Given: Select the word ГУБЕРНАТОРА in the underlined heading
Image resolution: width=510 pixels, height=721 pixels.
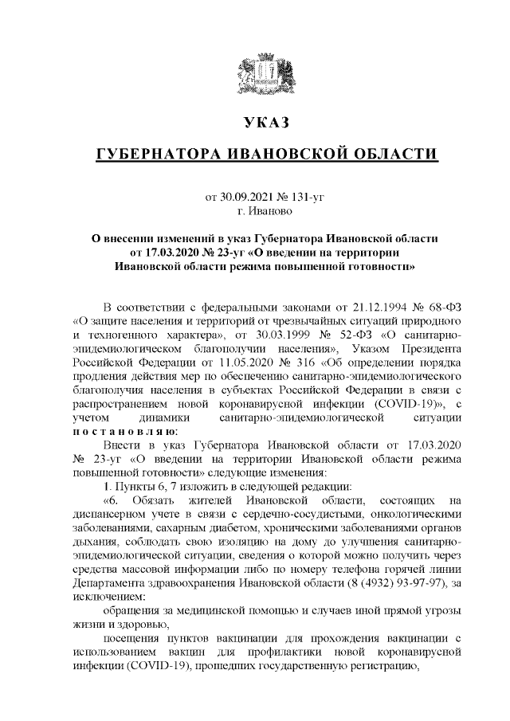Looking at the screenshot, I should coord(160,154).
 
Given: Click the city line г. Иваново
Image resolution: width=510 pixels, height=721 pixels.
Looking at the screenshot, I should coord(266,210).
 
